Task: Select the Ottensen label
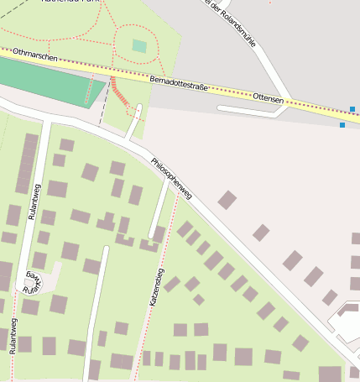coord(269,99)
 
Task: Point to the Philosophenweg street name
coord(172,177)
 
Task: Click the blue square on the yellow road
coord(352,109)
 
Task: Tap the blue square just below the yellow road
coord(342,125)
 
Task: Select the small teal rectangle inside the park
coord(139,46)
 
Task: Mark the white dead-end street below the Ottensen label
coord(248,109)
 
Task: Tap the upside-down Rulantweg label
coord(31,284)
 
